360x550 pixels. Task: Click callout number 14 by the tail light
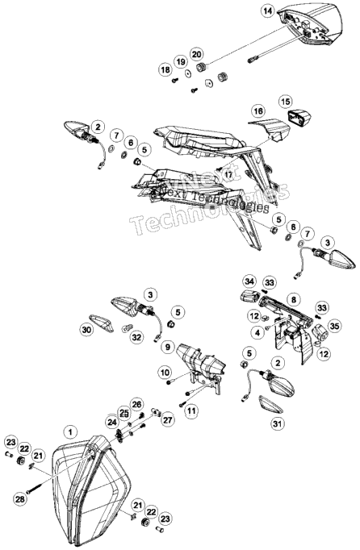(x=268, y=10)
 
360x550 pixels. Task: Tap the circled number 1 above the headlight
(x=70, y=431)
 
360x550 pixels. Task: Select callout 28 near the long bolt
(x=20, y=498)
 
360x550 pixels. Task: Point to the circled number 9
(x=168, y=347)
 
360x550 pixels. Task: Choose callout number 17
(x=228, y=174)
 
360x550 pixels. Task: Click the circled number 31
(x=278, y=423)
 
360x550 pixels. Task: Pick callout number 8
(x=294, y=299)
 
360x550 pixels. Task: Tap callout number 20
(x=197, y=54)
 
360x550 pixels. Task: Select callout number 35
(x=334, y=326)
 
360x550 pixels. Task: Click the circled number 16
(x=258, y=111)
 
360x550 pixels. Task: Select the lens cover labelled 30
(x=102, y=323)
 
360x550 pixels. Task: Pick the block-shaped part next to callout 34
(x=249, y=297)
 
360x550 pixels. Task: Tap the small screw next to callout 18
(x=175, y=81)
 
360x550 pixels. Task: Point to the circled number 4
(x=258, y=332)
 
